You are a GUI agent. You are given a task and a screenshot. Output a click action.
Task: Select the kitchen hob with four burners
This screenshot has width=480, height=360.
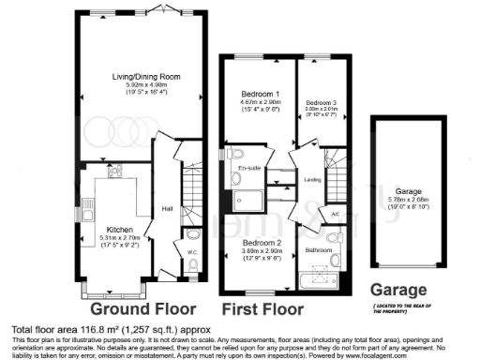[x=116, y=172]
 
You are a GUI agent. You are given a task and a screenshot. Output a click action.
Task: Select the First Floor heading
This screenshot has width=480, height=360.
[x=262, y=308]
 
